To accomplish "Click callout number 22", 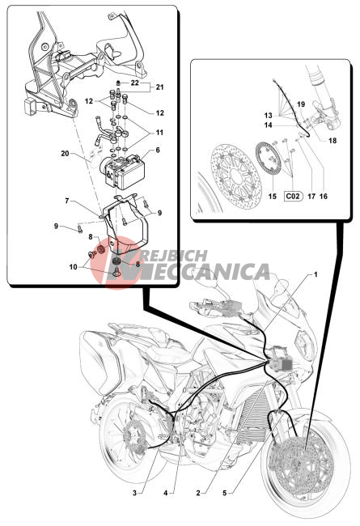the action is click(x=135, y=83).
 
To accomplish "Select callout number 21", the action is click(x=159, y=87).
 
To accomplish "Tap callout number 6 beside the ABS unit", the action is click(x=158, y=151).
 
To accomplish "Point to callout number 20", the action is click(x=65, y=154).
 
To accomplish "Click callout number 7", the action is click(x=67, y=201).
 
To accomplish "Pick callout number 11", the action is click(x=159, y=133).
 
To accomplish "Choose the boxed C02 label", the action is click(x=293, y=196).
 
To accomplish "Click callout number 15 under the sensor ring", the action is click(x=273, y=196).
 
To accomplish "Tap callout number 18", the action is click(x=332, y=141).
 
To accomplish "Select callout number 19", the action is click(x=301, y=104).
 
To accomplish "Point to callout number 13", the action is click(x=268, y=116).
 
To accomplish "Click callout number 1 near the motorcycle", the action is click(x=316, y=274).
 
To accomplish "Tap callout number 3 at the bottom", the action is click(x=134, y=493).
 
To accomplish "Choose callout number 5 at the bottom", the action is click(x=224, y=493).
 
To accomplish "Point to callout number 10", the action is click(x=73, y=267).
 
